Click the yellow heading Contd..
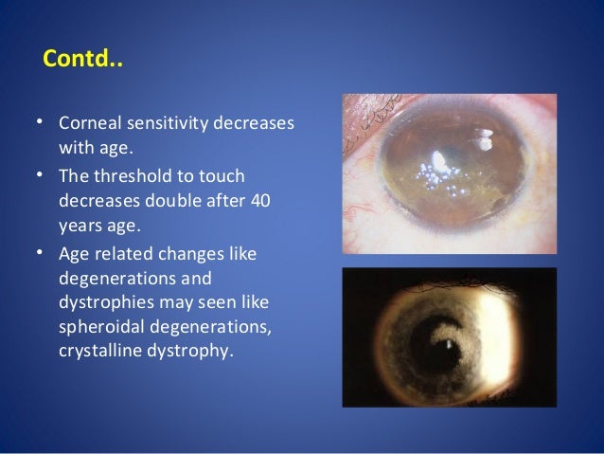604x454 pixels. (83, 63)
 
